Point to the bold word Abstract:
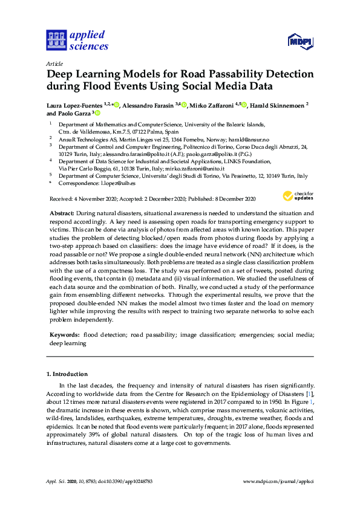pyautogui.click(x=61, y=213)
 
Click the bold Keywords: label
pyautogui.click(x=63, y=334)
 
